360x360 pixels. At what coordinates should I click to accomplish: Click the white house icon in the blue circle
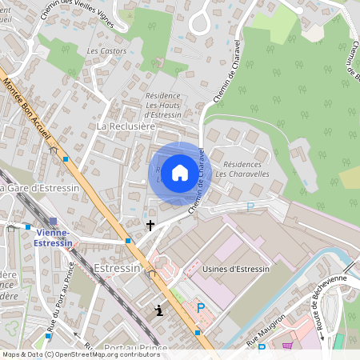tap(180, 173)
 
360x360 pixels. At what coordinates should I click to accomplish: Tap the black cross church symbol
tap(150, 226)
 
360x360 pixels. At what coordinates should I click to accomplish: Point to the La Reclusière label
tap(126, 126)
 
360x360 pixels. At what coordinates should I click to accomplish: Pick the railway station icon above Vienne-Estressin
tap(53, 221)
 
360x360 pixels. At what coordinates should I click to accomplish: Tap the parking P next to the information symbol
tap(201, 308)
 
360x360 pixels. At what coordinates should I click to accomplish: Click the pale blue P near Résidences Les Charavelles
tap(250, 206)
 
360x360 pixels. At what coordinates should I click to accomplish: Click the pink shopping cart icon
tap(287, 346)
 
